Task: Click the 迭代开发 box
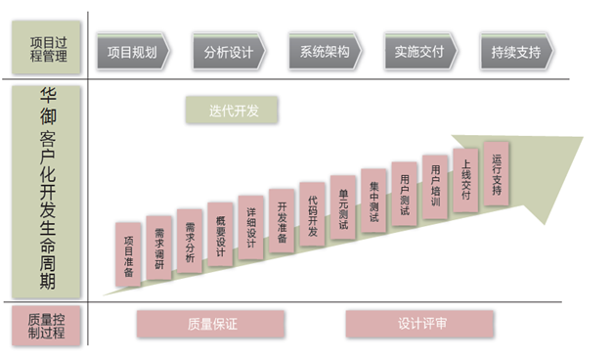[231, 110]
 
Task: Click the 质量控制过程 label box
[47, 326]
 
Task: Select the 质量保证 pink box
[210, 324]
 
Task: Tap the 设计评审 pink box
[419, 324]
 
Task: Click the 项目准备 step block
[128, 253]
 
